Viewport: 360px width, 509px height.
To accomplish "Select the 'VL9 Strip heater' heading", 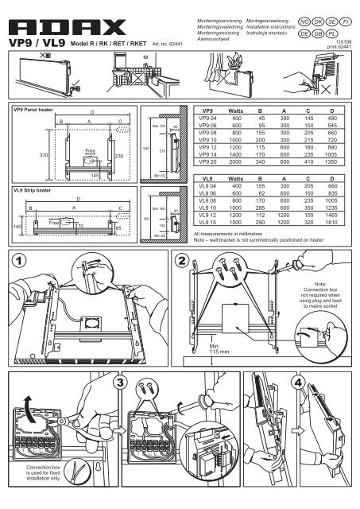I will click(30, 191).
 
